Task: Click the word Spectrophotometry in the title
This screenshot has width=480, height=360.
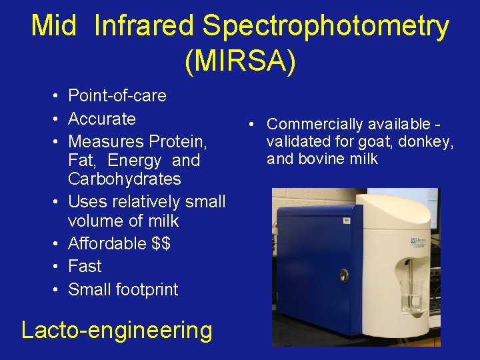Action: [325, 27]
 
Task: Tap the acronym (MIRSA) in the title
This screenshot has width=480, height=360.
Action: [240, 61]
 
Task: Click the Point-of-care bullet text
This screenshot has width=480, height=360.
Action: [117, 96]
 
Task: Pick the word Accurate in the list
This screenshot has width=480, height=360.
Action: [102, 119]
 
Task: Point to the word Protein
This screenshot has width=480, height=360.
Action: [178, 142]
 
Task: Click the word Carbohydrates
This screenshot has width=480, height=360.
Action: [125, 179]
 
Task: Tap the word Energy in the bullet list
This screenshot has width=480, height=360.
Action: [134, 161]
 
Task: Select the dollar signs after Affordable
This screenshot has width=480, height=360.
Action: [161, 243]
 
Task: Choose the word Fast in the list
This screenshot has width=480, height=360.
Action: [85, 267]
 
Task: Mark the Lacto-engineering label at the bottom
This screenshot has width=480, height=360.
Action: [117, 330]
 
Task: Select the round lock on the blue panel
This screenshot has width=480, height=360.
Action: [343, 275]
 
